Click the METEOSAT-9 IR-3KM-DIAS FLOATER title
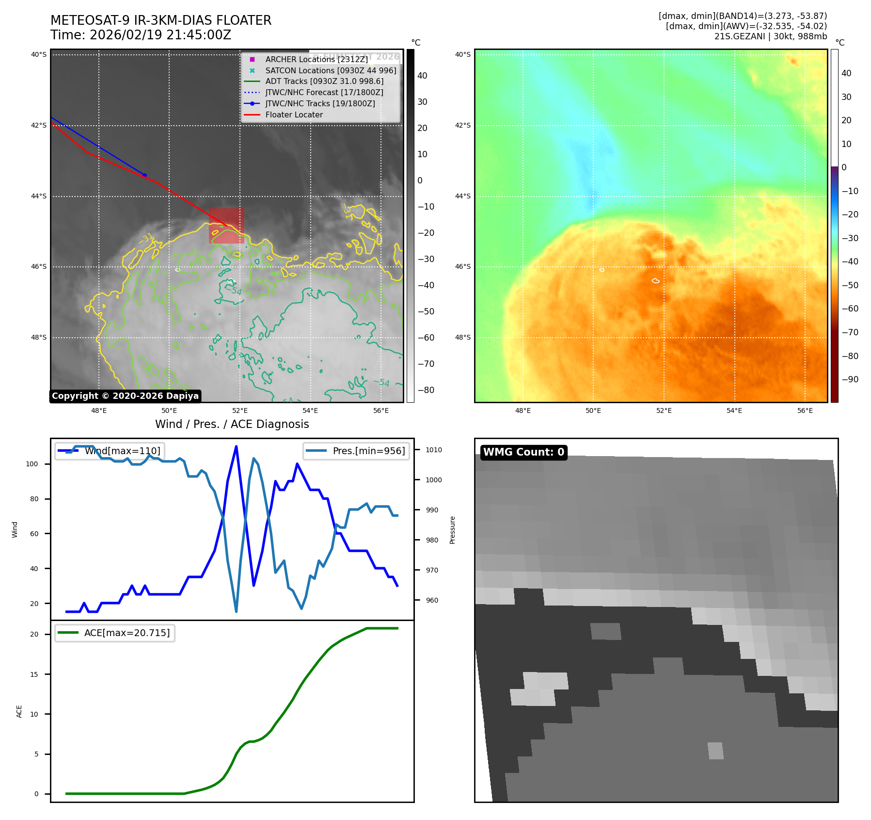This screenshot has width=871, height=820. (161, 20)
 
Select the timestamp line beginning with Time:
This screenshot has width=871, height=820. (141, 35)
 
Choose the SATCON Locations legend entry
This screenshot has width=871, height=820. (330, 70)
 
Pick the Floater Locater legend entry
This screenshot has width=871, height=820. (294, 115)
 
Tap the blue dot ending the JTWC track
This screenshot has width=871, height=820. (144, 175)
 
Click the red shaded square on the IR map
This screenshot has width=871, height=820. (226, 226)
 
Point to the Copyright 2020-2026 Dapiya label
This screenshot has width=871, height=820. (125, 396)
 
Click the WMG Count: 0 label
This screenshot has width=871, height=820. (523, 452)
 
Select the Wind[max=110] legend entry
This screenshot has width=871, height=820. (122, 451)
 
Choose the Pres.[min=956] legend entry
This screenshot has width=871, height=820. (368, 451)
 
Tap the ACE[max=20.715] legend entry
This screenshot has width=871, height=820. (127, 633)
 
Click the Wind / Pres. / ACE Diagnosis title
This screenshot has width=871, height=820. (232, 424)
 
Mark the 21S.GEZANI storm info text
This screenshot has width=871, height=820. (770, 36)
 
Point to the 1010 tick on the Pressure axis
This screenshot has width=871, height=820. (434, 450)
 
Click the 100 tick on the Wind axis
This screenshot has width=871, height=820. (32, 464)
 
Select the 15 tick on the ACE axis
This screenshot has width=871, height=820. (34, 674)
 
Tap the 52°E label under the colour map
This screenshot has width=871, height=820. (664, 410)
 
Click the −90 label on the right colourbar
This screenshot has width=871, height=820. (850, 379)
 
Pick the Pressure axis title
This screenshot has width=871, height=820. (452, 530)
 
